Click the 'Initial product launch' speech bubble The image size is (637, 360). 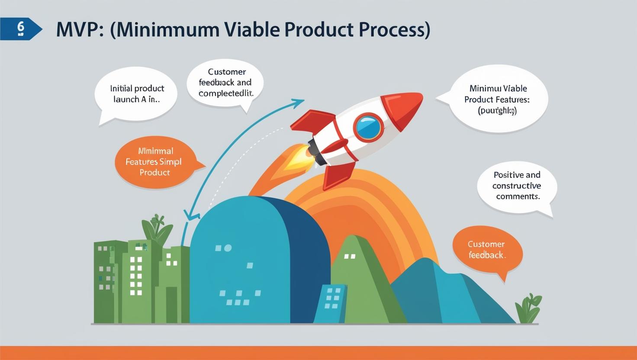coord(137,93)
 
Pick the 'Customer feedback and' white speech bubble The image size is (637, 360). coord(225,83)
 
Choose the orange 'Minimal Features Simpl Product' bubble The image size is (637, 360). coord(154,162)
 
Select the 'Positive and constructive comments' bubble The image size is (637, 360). coord(517,186)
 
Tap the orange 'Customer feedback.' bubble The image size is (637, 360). coord(487,250)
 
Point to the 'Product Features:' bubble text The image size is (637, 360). coord(497,100)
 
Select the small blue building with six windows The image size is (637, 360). coord(331,302)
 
